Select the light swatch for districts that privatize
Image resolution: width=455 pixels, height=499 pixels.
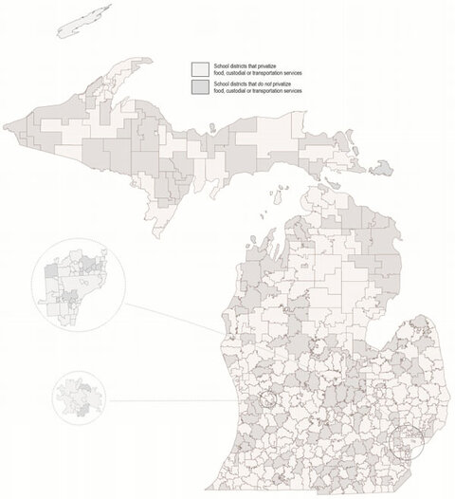pyautogui.click(x=200, y=69)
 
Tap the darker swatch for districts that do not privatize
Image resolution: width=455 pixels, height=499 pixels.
pyautogui.click(x=200, y=86)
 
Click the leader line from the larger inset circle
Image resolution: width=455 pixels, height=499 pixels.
pyautogui.click(x=171, y=318)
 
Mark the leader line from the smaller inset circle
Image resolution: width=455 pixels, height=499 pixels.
pyautogui.click(x=180, y=400)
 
